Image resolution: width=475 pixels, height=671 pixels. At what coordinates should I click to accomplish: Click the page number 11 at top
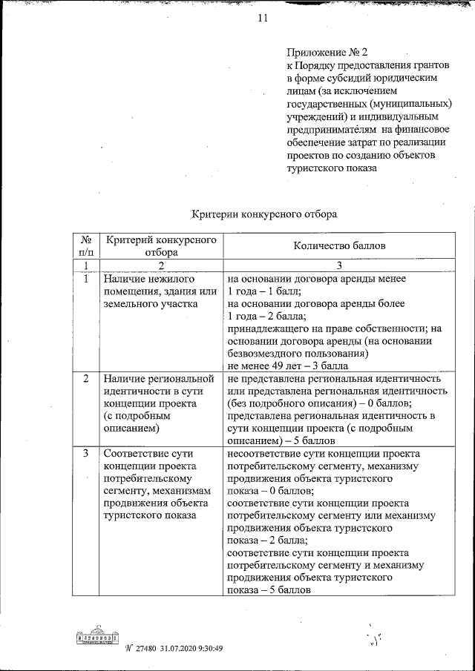pos(262,19)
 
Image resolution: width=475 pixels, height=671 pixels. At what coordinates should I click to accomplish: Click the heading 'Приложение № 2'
pos(327,53)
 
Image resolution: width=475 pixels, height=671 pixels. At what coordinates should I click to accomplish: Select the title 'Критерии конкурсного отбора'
pos(265,214)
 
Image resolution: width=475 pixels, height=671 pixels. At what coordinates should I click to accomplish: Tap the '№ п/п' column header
pos(85,246)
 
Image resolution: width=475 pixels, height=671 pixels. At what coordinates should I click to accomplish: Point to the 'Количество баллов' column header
pos(339,246)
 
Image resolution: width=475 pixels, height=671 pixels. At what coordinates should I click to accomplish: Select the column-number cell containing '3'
pos(339,265)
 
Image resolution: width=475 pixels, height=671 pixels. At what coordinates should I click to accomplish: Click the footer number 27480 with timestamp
pos(176,647)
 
